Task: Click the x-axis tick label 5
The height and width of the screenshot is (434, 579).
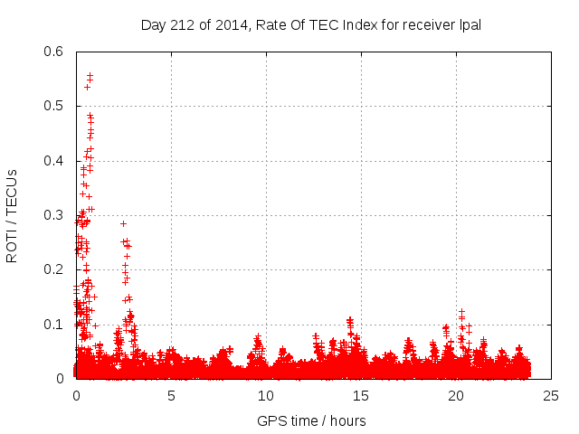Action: pos(171,396)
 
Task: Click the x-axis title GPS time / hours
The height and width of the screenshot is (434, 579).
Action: pos(311,420)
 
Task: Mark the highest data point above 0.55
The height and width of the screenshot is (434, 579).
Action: pos(90,75)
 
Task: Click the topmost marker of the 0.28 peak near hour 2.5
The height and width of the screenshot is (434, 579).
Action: pos(123,223)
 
